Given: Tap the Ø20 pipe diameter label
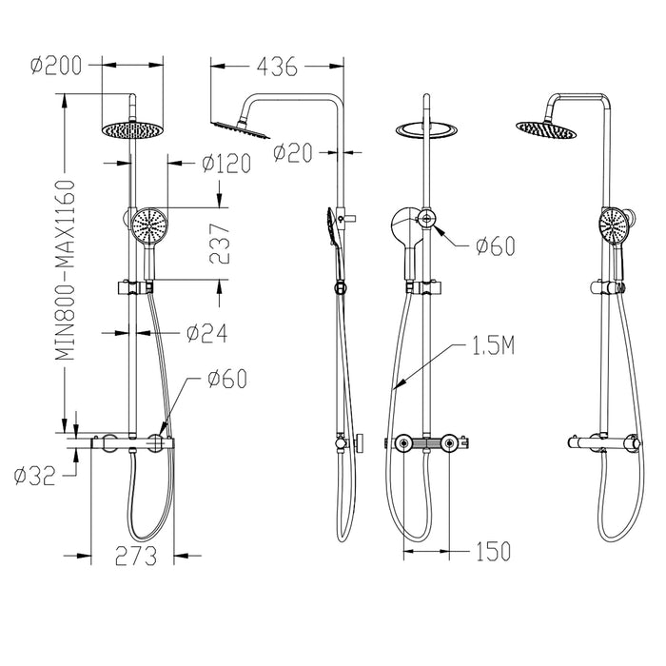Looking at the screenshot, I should [293, 151].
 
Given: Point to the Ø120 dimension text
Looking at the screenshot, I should [225, 164].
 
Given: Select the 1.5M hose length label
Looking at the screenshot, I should [493, 346].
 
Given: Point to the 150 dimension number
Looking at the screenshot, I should [492, 551].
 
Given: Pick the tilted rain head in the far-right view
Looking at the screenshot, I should [544, 127].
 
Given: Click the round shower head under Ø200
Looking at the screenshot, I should [125, 129].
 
